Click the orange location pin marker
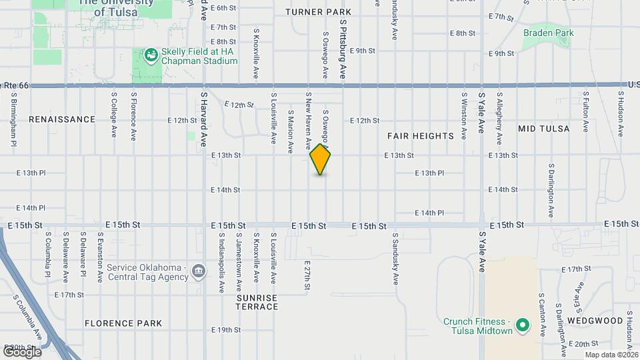point(321,159)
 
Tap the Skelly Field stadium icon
point(151,55)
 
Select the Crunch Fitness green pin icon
point(523,326)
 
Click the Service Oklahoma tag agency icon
point(198,271)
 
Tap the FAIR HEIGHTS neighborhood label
point(421,136)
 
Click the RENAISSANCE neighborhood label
point(62,119)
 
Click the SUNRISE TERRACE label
point(257,302)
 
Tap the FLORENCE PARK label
point(123,323)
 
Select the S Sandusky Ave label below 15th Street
point(395,259)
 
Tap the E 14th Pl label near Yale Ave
point(429,213)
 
